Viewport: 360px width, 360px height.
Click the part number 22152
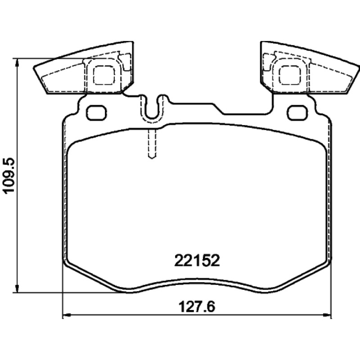[x=197, y=261]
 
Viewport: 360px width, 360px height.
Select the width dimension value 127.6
[x=197, y=307]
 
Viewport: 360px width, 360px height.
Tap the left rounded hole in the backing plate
[x=96, y=112]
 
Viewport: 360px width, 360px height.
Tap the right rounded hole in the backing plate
[x=298, y=112]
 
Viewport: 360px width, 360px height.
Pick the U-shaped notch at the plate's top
[x=152, y=108]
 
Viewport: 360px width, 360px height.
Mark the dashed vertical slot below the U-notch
[x=152, y=144]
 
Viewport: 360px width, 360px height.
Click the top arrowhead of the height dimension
[x=17, y=62]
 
